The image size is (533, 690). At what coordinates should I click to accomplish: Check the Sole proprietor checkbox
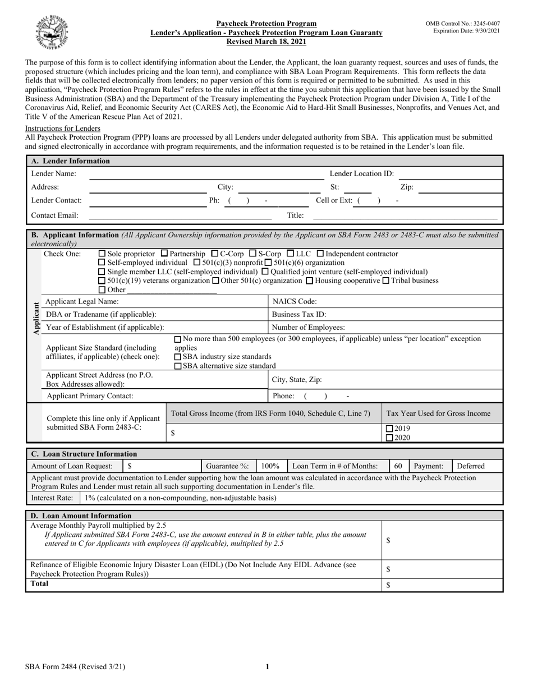point(102,254)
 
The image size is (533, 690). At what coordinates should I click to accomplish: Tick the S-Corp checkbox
point(252,254)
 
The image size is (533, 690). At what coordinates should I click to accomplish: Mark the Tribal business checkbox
point(385,280)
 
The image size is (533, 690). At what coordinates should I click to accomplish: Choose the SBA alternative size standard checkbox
point(178,366)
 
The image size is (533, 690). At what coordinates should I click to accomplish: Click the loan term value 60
point(398,466)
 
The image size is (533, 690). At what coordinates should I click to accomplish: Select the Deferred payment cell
point(471,466)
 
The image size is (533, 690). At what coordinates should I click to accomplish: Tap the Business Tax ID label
point(298,315)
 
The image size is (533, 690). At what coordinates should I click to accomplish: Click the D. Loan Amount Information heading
point(81,516)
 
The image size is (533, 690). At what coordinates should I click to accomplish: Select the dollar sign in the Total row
point(388,585)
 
